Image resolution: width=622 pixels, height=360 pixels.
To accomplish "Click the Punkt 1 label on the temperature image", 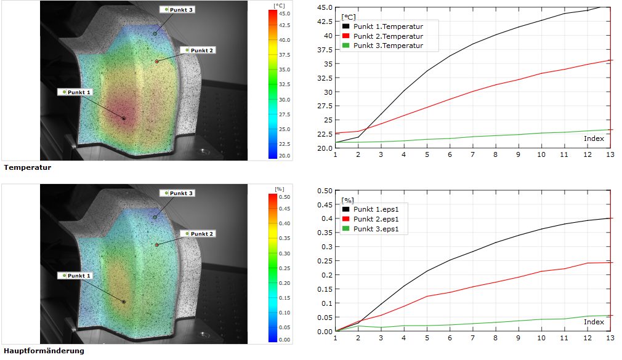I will pyautogui.click(x=78, y=92).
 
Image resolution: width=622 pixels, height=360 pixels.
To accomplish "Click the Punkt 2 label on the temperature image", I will pyautogui.click(x=201, y=50).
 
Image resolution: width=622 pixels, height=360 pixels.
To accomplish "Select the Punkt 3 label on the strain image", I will pyautogui.click(x=181, y=193).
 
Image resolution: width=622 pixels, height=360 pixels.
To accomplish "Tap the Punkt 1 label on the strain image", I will pyautogui.click(x=78, y=276).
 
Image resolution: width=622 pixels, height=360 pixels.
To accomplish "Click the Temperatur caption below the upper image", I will pyautogui.click(x=27, y=167).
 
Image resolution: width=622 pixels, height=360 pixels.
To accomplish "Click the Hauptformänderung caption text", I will pyautogui.click(x=44, y=351).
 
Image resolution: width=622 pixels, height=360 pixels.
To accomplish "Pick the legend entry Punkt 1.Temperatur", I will pyautogui.click(x=388, y=27).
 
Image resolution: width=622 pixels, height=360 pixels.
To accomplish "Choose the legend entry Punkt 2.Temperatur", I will pyautogui.click(x=388, y=36).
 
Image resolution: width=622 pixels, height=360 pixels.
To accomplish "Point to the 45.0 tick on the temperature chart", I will pyautogui.click(x=325, y=7).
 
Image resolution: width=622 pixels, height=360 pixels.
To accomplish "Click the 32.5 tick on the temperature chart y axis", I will pyautogui.click(x=325, y=78).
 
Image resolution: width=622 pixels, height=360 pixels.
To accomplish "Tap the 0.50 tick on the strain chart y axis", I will pyautogui.click(x=325, y=190).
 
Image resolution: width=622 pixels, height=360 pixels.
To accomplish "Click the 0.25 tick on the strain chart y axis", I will pyautogui.click(x=325, y=261).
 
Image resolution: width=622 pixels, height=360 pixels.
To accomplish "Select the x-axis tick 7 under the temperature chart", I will pyautogui.click(x=472, y=154).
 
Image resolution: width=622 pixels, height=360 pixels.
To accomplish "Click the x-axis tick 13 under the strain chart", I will pyautogui.click(x=609, y=338).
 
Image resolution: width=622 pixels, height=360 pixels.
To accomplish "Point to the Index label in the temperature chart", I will pyautogui.click(x=594, y=138).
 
